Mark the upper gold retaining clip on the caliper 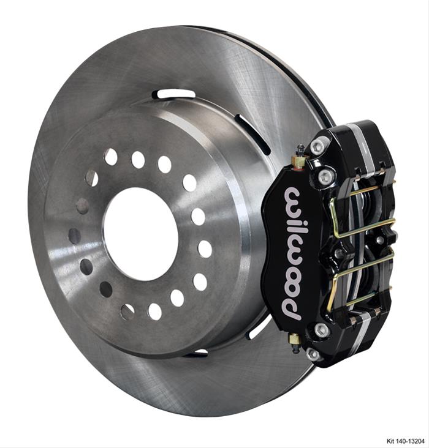coord(359,211)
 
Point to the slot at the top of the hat coord(173,94)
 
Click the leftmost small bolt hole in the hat coord(74,236)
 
